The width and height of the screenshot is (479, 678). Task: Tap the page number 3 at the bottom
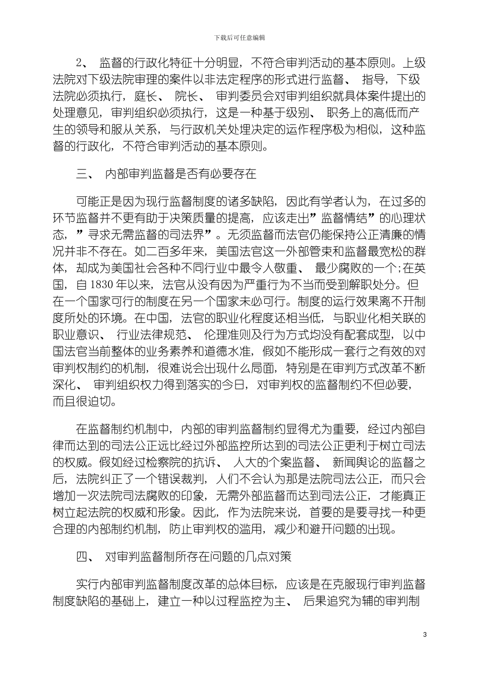click(x=425, y=634)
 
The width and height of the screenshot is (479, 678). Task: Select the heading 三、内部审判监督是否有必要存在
click(x=166, y=175)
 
